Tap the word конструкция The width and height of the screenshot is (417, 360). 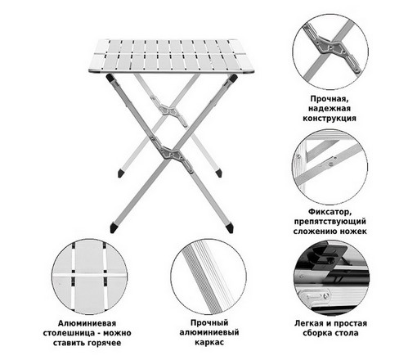(x=330, y=118)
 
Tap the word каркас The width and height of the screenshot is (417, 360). (x=209, y=342)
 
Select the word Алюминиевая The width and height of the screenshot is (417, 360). (x=87, y=323)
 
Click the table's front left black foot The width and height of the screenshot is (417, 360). (x=114, y=227)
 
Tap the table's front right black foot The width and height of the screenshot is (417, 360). (x=229, y=228)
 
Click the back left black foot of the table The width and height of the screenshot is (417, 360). (x=120, y=173)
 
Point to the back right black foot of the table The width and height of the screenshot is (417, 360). (x=218, y=173)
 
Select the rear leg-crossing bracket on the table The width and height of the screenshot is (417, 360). (x=170, y=110)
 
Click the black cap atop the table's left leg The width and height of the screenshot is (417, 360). (x=110, y=79)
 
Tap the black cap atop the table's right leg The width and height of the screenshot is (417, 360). (x=233, y=79)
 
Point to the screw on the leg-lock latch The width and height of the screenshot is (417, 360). (x=331, y=164)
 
